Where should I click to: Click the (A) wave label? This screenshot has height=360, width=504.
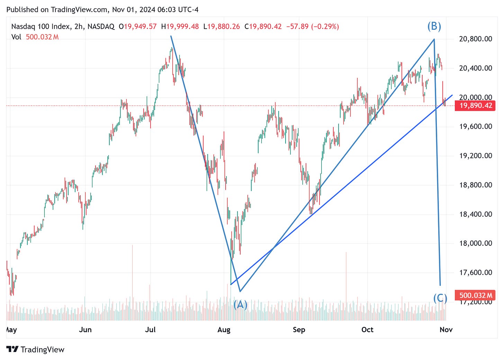pyautogui.click(x=240, y=304)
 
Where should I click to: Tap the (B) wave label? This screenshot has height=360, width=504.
pyautogui.click(x=434, y=26)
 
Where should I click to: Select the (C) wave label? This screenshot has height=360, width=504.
pyautogui.click(x=440, y=298)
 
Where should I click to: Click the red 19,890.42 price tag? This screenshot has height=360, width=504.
pyautogui.click(x=476, y=106)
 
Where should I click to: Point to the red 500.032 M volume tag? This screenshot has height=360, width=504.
pyautogui.click(x=476, y=295)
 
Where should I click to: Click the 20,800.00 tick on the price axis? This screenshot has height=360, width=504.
pyautogui.click(x=475, y=39)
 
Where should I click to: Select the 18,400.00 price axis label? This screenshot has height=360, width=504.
pyautogui.click(x=475, y=214)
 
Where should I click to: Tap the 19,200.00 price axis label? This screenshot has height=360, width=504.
pyautogui.click(x=475, y=156)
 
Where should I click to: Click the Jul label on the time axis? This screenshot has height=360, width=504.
pyautogui.click(x=150, y=330)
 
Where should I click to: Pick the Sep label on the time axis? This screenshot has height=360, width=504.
pyautogui.click(x=299, y=330)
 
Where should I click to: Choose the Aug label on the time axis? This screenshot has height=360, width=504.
pyautogui.click(x=224, y=330)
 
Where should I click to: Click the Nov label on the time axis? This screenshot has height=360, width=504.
pyautogui.click(x=446, y=330)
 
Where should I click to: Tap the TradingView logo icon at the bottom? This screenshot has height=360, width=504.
pyautogui.click(x=12, y=349)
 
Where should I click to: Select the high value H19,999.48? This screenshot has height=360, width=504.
pyautogui.click(x=180, y=27)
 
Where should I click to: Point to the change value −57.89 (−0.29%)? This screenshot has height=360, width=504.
pyautogui.click(x=312, y=27)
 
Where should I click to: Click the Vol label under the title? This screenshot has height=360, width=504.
pyautogui.click(x=16, y=37)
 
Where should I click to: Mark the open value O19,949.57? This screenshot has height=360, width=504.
pyautogui.click(x=137, y=27)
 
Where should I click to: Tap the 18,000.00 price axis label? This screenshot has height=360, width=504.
pyautogui.click(x=475, y=243)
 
